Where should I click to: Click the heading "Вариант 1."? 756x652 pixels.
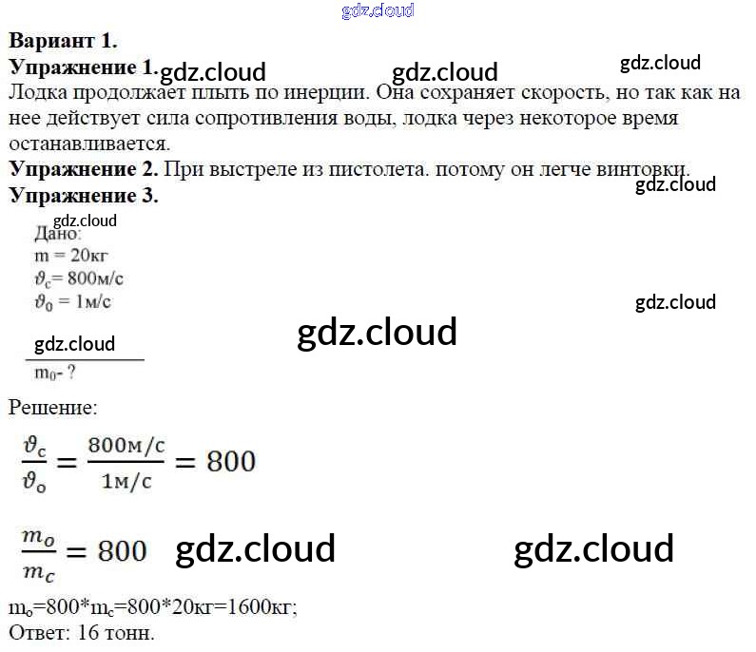pyautogui.click(x=63, y=41)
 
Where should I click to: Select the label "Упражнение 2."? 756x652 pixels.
pyautogui.click(x=83, y=169)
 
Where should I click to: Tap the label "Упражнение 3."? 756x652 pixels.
pyautogui.click(x=83, y=196)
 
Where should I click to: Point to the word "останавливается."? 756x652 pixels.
pyautogui.click(x=88, y=144)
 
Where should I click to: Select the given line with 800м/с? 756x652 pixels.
pyautogui.click(x=79, y=278)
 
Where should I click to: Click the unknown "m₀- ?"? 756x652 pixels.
pyautogui.click(x=55, y=373)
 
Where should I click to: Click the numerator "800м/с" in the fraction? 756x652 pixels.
pyautogui.click(x=125, y=444)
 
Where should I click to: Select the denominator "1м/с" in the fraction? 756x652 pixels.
pyautogui.click(x=125, y=480)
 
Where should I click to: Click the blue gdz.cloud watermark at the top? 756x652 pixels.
pyautogui.click(x=378, y=10)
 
